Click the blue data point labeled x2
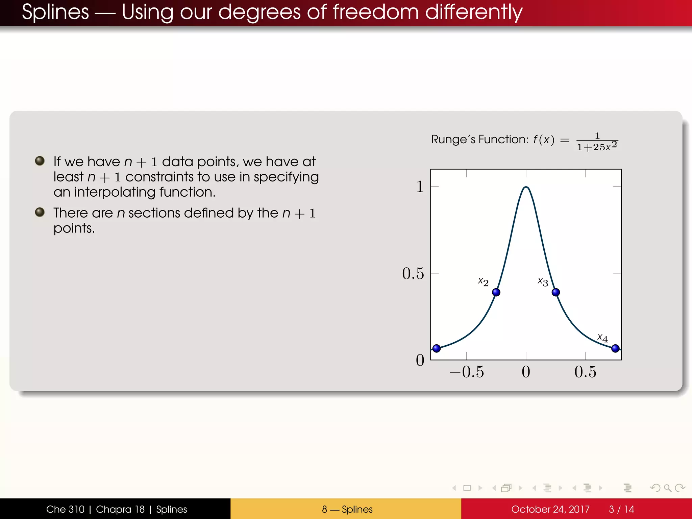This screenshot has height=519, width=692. (496, 292)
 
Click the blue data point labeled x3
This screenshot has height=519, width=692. (555, 292)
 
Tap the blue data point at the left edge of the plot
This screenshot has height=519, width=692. (437, 348)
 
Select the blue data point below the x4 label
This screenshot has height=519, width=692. (615, 348)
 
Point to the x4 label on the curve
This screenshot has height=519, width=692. (602, 338)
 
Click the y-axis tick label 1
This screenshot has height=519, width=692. (420, 187)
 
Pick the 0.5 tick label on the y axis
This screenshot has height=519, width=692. (413, 273)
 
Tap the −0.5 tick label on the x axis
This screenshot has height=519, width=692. (467, 372)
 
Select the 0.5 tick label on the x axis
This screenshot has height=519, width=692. (585, 372)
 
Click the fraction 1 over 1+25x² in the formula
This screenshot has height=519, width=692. (597, 142)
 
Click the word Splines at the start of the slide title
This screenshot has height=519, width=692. (55, 12)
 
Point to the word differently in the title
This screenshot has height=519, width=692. (474, 12)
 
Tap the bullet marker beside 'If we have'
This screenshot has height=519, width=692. (40, 161)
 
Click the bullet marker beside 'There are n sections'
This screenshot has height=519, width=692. (40, 212)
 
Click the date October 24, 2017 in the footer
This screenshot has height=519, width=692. (550, 509)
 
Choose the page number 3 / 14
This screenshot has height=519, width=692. (621, 509)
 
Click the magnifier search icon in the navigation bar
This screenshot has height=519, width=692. (667, 488)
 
